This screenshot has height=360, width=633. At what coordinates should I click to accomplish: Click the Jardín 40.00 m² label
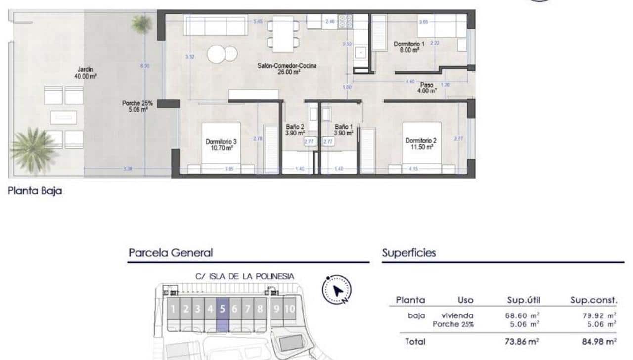(x=86, y=73)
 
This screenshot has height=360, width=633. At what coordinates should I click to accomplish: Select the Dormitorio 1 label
(x=407, y=47)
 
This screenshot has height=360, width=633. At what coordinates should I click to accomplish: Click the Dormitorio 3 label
(x=219, y=144)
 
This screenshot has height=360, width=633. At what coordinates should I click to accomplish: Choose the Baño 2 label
(x=295, y=130)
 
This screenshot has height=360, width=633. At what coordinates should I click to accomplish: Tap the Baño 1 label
(x=343, y=130)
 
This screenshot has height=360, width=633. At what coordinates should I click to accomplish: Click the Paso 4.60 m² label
(x=426, y=88)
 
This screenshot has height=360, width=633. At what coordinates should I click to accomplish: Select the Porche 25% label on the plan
(x=137, y=107)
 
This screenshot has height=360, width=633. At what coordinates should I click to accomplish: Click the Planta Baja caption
(x=35, y=191)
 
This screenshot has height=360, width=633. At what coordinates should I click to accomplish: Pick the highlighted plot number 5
(x=223, y=310)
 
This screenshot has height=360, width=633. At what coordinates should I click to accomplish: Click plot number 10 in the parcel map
(x=290, y=310)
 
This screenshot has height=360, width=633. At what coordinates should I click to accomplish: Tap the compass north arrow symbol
(x=337, y=290)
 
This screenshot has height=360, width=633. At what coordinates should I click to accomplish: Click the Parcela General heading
(x=171, y=253)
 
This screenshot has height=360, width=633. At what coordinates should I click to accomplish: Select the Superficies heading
(x=409, y=253)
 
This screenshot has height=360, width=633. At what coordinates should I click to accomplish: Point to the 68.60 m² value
(x=523, y=315)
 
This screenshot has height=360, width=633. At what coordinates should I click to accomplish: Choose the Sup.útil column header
(x=523, y=300)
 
